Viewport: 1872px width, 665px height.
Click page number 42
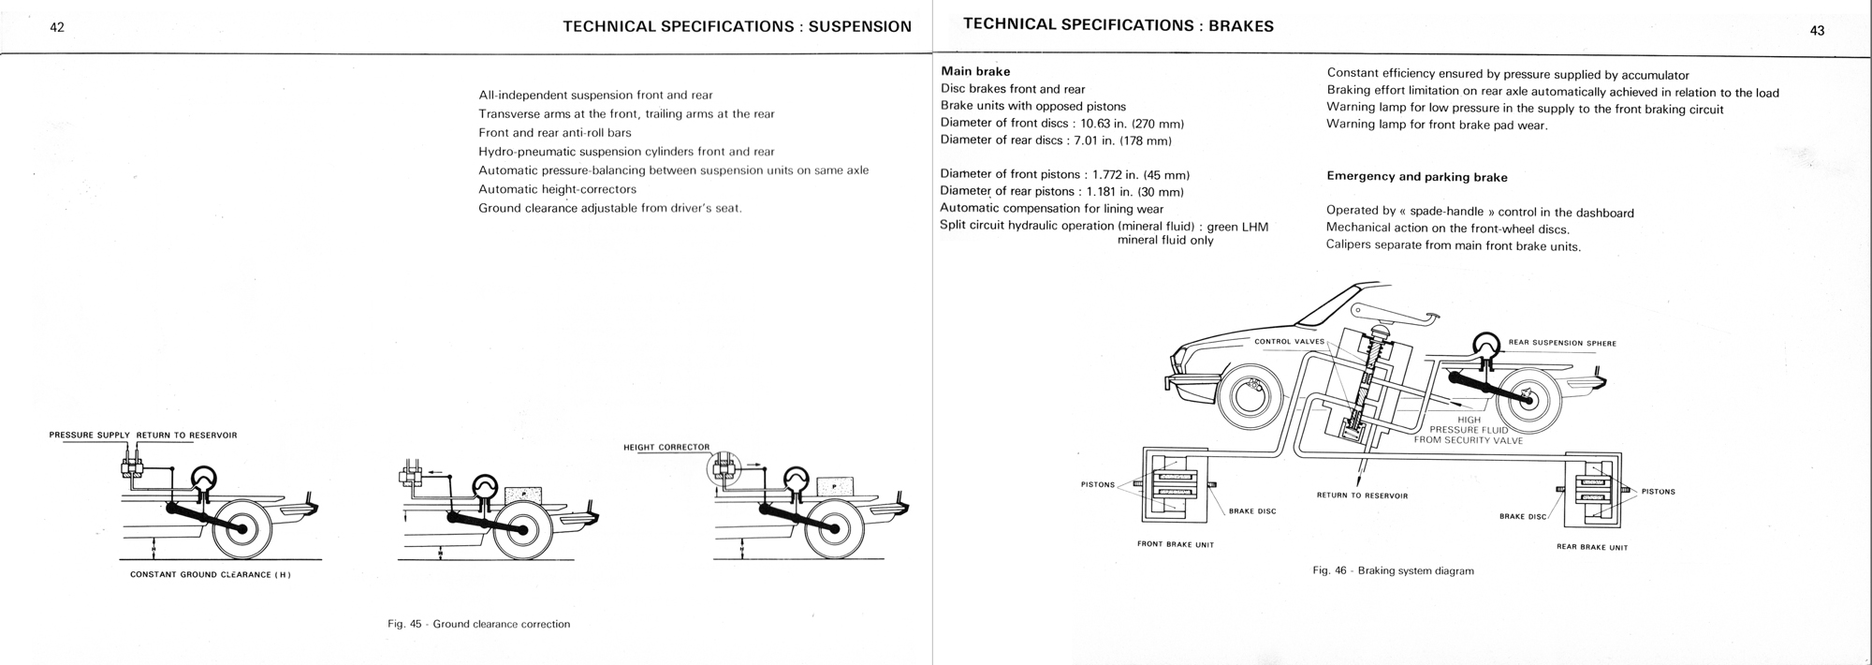pyautogui.click(x=57, y=28)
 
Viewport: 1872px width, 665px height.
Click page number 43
pyautogui.click(x=1817, y=31)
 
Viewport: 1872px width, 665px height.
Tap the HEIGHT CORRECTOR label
pyautogui.click(x=666, y=447)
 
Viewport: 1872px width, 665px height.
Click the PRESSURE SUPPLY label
pyautogui.click(x=90, y=436)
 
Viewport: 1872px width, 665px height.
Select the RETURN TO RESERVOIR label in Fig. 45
pyautogui.click(x=187, y=436)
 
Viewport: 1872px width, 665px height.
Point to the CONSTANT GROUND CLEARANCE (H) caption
pyautogui.click(x=211, y=574)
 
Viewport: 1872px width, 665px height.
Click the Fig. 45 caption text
pyautogui.click(x=478, y=624)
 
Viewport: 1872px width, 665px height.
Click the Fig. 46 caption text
pyautogui.click(x=1393, y=570)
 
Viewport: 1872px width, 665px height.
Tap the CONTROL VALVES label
pyautogui.click(x=1289, y=341)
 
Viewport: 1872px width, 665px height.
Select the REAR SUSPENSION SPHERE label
pyautogui.click(x=1562, y=343)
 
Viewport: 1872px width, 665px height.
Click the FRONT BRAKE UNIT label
pyautogui.click(x=1175, y=544)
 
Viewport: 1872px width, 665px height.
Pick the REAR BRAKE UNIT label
pyautogui.click(x=1591, y=547)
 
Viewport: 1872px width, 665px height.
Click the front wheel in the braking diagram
pyautogui.click(x=1250, y=398)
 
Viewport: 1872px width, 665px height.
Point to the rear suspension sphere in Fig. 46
pyautogui.click(x=1487, y=347)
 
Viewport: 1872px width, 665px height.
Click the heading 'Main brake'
pyautogui.click(x=975, y=71)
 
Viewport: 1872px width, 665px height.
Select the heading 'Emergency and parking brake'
pyautogui.click(x=1417, y=176)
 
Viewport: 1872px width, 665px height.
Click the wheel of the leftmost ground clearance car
pyautogui.click(x=243, y=528)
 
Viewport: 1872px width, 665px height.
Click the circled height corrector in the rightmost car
pyautogui.click(x=724, y=465)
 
